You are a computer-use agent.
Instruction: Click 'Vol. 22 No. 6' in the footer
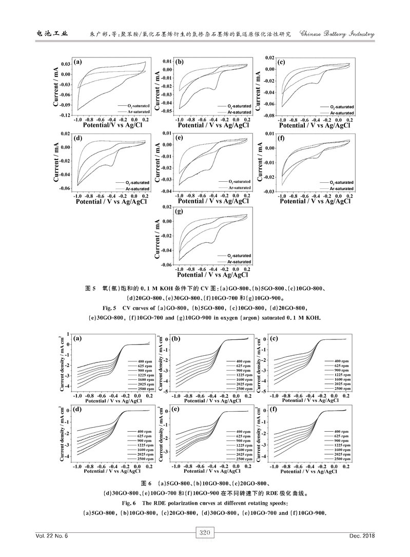52,536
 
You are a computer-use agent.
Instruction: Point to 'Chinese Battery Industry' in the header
336,34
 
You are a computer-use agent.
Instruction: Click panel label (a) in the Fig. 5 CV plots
79,62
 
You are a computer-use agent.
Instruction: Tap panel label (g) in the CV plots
179,211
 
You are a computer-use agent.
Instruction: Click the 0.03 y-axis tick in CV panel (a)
66,64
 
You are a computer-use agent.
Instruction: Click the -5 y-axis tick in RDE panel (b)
167,392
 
